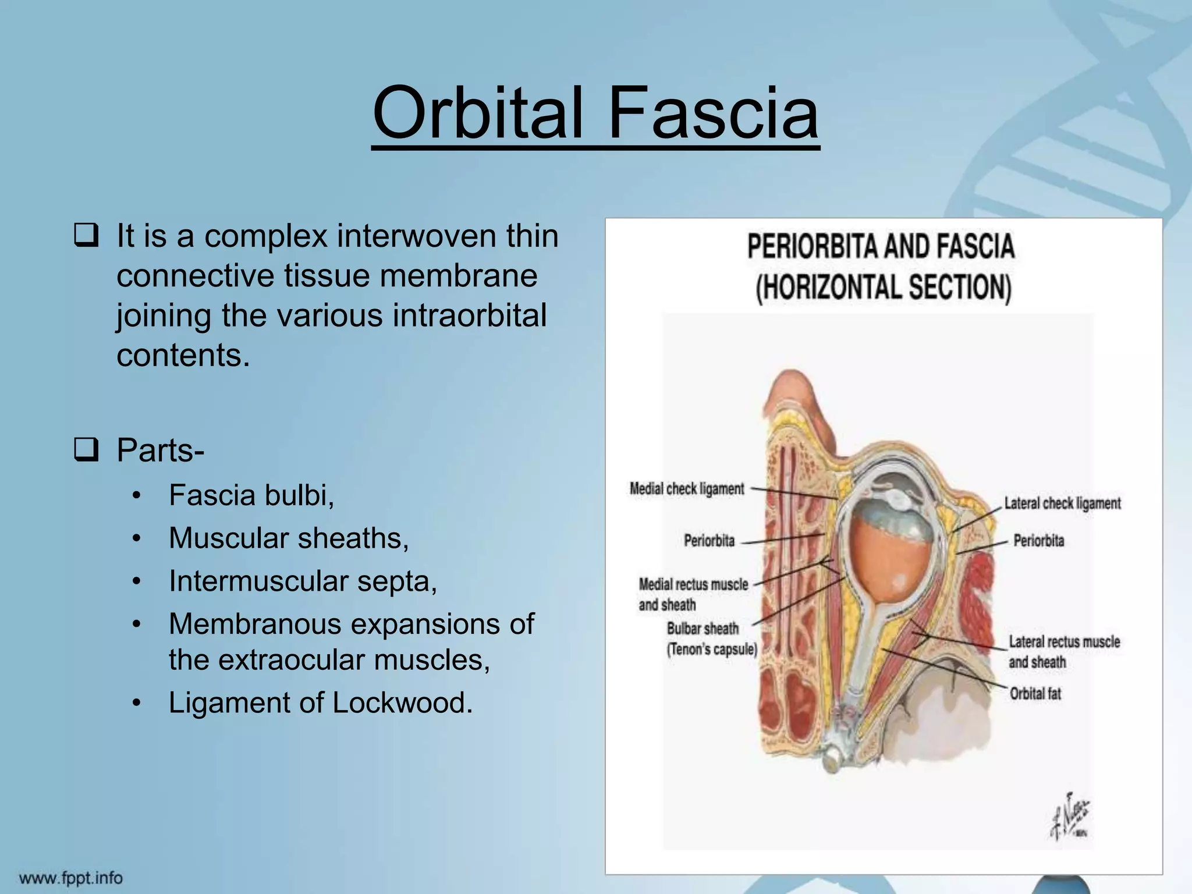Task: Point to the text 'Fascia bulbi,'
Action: pos(251,495)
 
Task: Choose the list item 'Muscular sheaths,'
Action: pos(289,538)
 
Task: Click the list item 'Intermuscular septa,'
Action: pos(303,581)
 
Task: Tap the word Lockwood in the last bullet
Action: pos(402,703)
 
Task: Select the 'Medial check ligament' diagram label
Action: pos(687,489)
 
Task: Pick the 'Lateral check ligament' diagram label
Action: pos(1062,503)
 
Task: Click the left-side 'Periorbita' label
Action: pos(709,541)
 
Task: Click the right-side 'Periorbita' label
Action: pos(1039,541)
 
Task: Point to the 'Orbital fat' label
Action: pos(1035,694)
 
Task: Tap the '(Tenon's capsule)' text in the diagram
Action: pos(712,649)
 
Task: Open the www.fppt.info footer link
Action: pos(71,877)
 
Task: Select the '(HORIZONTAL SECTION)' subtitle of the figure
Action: pos(883,287)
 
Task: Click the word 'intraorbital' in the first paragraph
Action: pos(470,315)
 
